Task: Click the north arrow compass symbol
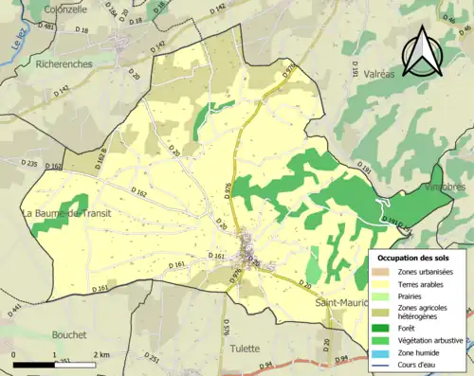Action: pos(421,51)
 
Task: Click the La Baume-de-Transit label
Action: pos(65,214)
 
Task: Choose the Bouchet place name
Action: pos(64,334)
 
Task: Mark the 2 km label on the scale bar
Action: pos(101,353)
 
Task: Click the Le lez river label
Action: pos(18,39)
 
